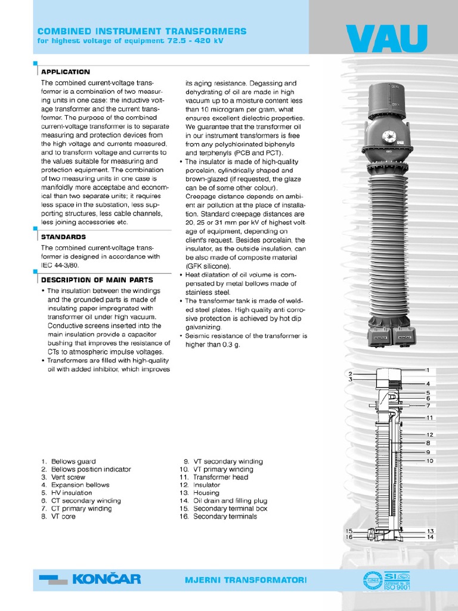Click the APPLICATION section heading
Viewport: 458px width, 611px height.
tap(66, 72)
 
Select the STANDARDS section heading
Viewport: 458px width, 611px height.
tap(63, 237)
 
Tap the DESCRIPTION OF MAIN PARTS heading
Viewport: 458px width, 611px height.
tap(97, 279)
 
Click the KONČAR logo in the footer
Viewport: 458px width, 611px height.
tap(90, 579)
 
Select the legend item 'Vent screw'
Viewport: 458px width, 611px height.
tap(68, 477)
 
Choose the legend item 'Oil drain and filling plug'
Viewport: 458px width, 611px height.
tap(230, 501)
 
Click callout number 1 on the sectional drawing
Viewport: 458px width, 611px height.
tap(428, 371)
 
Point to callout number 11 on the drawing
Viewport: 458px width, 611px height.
tap(429, 418)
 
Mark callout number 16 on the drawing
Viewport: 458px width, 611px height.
tap(349, 537)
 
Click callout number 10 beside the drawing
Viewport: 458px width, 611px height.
tap(429, 461)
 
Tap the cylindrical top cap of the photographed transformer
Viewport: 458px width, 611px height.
tap(388, 100)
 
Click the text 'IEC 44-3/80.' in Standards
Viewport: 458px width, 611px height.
tap(60, 265)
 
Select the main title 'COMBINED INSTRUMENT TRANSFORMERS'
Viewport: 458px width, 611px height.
tap(142, 31)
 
